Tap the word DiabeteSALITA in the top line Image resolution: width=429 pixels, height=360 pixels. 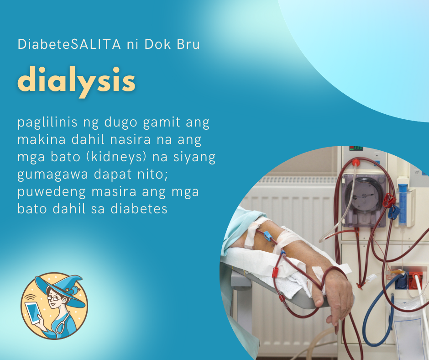point(69,44)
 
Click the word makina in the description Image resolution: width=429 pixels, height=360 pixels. point(42,139)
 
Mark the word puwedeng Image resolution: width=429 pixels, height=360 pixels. point(52,192)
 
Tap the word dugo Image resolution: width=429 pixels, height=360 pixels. point(121,122)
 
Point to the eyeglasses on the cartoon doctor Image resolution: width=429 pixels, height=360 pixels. point(54,298)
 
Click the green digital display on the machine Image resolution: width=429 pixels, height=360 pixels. point(356,148)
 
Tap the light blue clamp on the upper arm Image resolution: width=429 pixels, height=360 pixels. point(267,236)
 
